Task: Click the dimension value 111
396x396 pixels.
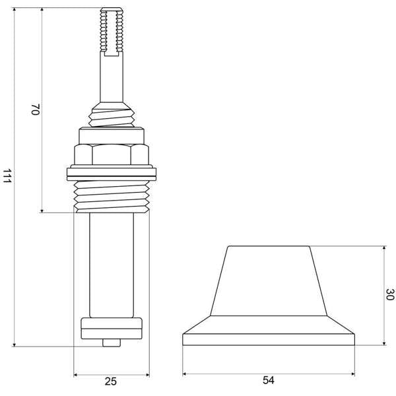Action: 7,176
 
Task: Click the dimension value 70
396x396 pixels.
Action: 36,109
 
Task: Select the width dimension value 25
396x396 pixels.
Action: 111,381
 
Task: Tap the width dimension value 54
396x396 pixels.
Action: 268,380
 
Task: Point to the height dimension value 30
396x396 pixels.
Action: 389,294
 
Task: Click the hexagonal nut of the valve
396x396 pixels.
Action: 112,154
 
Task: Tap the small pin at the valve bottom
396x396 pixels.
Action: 112,343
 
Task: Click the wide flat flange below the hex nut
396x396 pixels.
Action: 112,174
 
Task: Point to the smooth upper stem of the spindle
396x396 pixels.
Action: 112,79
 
